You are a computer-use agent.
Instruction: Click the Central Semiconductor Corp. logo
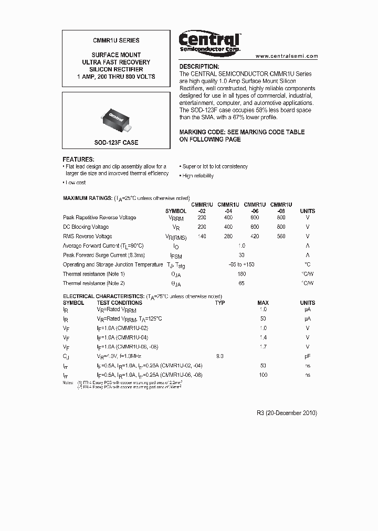click(209, 41)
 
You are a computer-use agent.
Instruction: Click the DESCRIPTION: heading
click(199, 67)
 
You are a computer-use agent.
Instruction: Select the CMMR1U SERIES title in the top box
click(116, 40)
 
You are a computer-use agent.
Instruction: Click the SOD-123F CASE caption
click(116, 143)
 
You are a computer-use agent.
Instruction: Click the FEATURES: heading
click(79, 159)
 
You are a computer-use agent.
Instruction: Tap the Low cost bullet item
click(76, 183)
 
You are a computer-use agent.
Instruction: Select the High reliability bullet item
click(198, 176)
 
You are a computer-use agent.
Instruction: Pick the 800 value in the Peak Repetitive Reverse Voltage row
click(281, 217)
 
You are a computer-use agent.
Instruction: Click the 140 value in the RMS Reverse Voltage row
click(202, 237)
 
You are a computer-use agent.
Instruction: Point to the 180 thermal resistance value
click(241, 274)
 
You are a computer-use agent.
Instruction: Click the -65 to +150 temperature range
click(241, 264)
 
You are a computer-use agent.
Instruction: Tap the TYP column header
click(220, 303)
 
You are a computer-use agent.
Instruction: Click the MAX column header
click(263, 303)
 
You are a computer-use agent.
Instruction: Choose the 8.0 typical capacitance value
click(220, 356)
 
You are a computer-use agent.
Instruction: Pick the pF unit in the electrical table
click(308, 356)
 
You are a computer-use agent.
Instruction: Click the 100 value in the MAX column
click(263, 375)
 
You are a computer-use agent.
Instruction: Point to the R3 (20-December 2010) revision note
click(286, 413)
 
